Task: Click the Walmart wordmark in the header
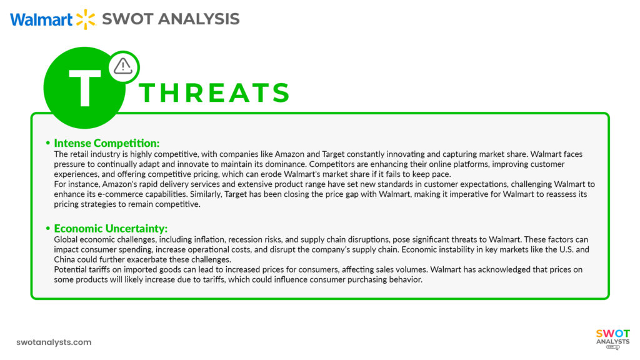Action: point(41,19)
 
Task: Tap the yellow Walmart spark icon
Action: point(86,19)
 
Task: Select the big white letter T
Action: point(84,89)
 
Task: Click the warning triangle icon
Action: point(123,66)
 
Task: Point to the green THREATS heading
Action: point(215,93)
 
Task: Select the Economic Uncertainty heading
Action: point(111,228)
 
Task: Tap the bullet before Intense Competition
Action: point(48,142)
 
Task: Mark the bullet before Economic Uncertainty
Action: point(48,229)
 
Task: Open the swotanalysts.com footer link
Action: point(54,342)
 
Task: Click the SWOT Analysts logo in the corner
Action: point(612,339)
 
